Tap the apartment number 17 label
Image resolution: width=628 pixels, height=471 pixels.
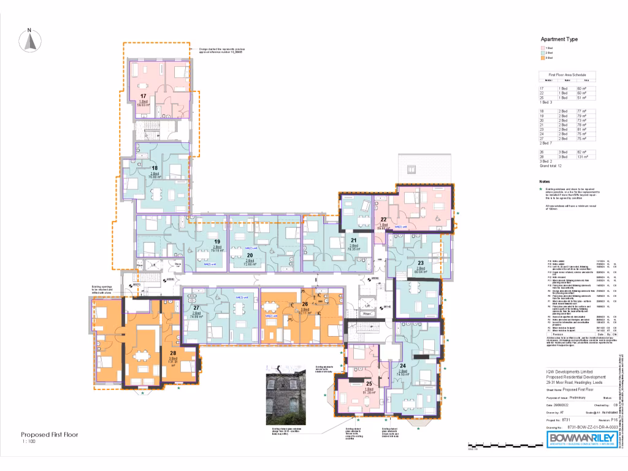[143, 96]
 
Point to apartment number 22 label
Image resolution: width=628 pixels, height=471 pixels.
[383, 220]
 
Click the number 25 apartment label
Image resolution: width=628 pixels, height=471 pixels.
[369, 384]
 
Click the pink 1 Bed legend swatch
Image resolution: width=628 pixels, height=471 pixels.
[543, 47]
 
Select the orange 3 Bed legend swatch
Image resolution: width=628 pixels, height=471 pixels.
[543, 58]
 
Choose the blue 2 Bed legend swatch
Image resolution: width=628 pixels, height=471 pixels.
[543, 53]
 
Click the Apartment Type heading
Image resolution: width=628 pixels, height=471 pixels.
[559, 39]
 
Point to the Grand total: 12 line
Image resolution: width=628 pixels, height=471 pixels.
[551, 166]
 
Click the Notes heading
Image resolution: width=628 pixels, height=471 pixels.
[545, 182]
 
